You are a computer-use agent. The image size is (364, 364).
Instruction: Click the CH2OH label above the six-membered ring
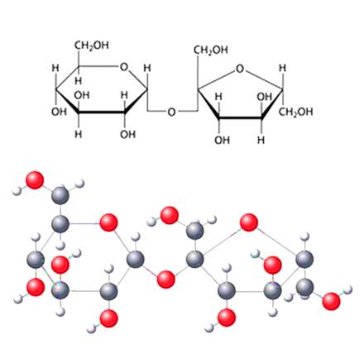(92, 45)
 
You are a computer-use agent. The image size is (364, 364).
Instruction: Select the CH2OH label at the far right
(296, 113)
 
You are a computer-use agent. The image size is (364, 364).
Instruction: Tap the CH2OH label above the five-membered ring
(211, 50)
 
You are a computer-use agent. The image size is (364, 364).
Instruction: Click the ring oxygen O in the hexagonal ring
(124, 67)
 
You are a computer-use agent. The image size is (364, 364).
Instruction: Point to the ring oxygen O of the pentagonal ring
(240, 69)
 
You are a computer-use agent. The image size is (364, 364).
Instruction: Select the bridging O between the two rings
(171, 112)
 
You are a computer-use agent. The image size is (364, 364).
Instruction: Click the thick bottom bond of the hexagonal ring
(101, 113)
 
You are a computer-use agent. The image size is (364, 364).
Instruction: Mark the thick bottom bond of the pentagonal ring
(241, 118)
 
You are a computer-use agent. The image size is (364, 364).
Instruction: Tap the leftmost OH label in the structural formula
(59, 112)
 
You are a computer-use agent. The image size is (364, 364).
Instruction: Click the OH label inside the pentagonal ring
(265, 97)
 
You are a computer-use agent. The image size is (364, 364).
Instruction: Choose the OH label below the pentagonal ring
(223, 141)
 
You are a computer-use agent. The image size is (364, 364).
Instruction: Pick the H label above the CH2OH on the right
(282, 68)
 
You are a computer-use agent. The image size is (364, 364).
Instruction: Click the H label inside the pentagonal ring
(218, 97)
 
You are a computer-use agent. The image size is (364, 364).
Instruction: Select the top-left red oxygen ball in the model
(35, 180)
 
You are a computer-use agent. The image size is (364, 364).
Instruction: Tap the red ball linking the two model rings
(165, 280)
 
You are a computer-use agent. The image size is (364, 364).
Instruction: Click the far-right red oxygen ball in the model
(331, 301)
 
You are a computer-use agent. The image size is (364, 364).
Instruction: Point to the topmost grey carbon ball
(60, 195)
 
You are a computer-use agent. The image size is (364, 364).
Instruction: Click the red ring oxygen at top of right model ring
(249, 223)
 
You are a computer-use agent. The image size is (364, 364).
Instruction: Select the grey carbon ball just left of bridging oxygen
(136, 260)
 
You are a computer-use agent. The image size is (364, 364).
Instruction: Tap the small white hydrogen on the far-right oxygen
(348, 290)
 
